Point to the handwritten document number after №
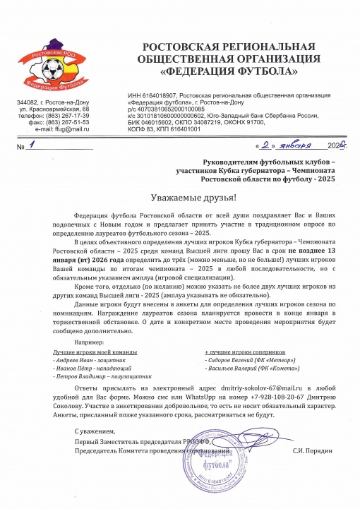(32, 146)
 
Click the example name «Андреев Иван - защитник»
(83, 359)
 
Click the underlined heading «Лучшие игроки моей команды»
(95, 350)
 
